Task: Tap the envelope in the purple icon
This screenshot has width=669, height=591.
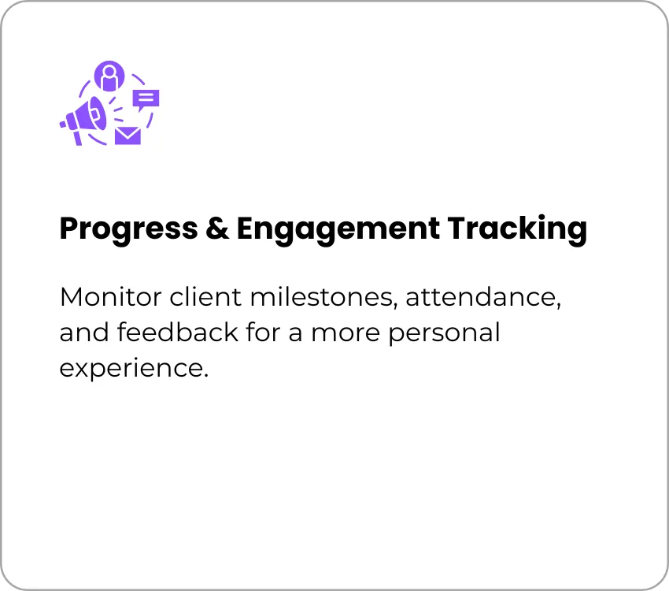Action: click(128, 136)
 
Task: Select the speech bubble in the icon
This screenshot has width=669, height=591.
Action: click(146, 100)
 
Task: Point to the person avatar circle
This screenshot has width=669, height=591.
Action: click(109, 76)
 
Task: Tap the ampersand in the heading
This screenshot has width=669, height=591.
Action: click(217, 228)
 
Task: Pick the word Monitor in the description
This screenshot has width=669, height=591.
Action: click(111, 297)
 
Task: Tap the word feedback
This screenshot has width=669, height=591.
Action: click(178, 333)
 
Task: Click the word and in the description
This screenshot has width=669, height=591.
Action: click(84, 333)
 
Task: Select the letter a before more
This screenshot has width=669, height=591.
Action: click(296, 335)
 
